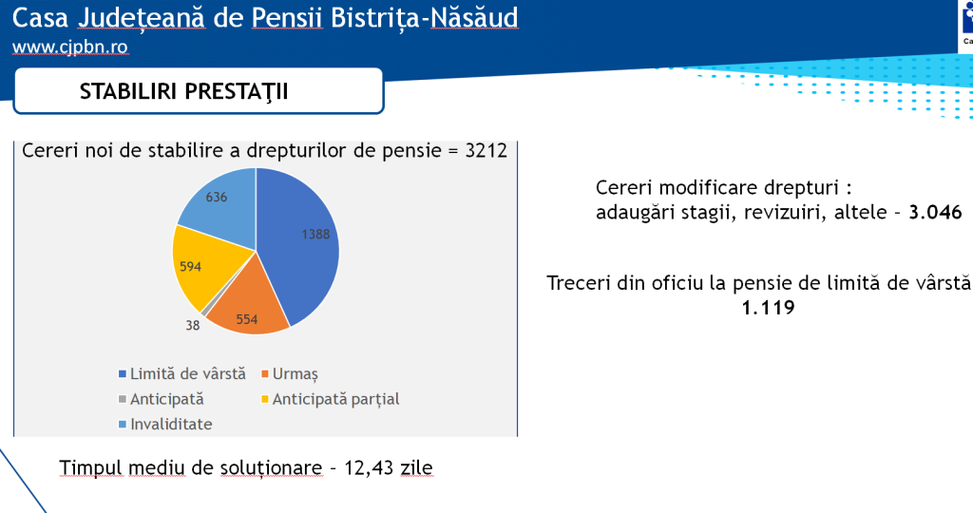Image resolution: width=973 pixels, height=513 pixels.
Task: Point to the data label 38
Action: tap(192, 325)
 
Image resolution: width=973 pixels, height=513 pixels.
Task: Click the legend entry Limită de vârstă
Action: tap(181, 374)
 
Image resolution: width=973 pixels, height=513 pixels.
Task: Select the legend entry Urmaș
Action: tap(290, 374)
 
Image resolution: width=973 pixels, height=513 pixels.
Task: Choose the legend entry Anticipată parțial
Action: tap(330, 399)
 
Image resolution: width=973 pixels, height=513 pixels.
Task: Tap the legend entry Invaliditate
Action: tap(165, 425)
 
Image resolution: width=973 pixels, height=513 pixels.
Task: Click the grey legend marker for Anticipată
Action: tap(123, 399)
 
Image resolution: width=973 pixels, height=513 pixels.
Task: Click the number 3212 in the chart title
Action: tap(486, 151)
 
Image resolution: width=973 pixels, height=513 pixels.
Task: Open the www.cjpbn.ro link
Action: tap(70, 47)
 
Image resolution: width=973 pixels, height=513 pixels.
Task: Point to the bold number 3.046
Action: tap(935, 212)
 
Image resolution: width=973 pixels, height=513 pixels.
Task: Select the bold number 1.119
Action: tap(768, 308)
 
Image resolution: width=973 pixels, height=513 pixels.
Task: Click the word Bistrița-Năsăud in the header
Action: tap(425, 18)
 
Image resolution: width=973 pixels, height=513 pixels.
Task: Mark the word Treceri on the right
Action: tap(579, 283)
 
